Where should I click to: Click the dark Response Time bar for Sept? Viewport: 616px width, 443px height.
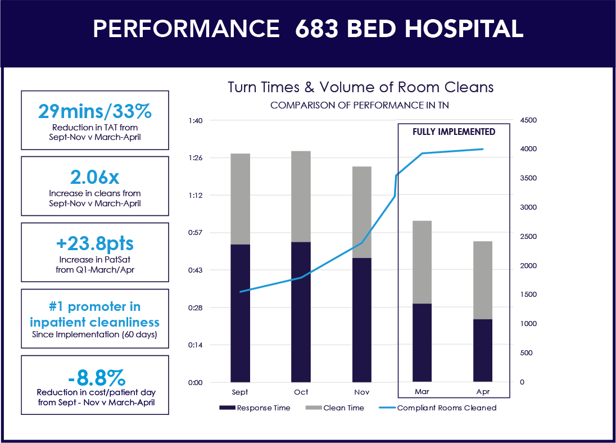pos(240,313)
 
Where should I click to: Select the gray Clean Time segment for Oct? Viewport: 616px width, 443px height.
pos(301,196)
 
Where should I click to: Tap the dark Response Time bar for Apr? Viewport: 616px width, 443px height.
pos(483,350)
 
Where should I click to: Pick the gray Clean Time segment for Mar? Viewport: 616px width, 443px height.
pos(422,262)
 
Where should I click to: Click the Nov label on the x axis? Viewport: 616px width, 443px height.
pos(361,391)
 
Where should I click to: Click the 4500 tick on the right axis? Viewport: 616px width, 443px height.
pos(528,120)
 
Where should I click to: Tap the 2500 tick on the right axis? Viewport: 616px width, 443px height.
pos(528,237)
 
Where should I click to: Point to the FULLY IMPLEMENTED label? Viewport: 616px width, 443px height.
pos(454,132)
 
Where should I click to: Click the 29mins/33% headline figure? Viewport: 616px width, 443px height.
pos(94,111)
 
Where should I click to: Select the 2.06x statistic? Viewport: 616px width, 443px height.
pos(94,177)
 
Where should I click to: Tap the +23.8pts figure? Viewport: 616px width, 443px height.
pos(94,244)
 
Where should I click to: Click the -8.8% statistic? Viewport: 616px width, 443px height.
pos(94,376)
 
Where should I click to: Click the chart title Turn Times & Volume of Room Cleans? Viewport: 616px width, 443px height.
pos(360,87)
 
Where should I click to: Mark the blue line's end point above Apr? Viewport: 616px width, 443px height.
pos(482,149)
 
